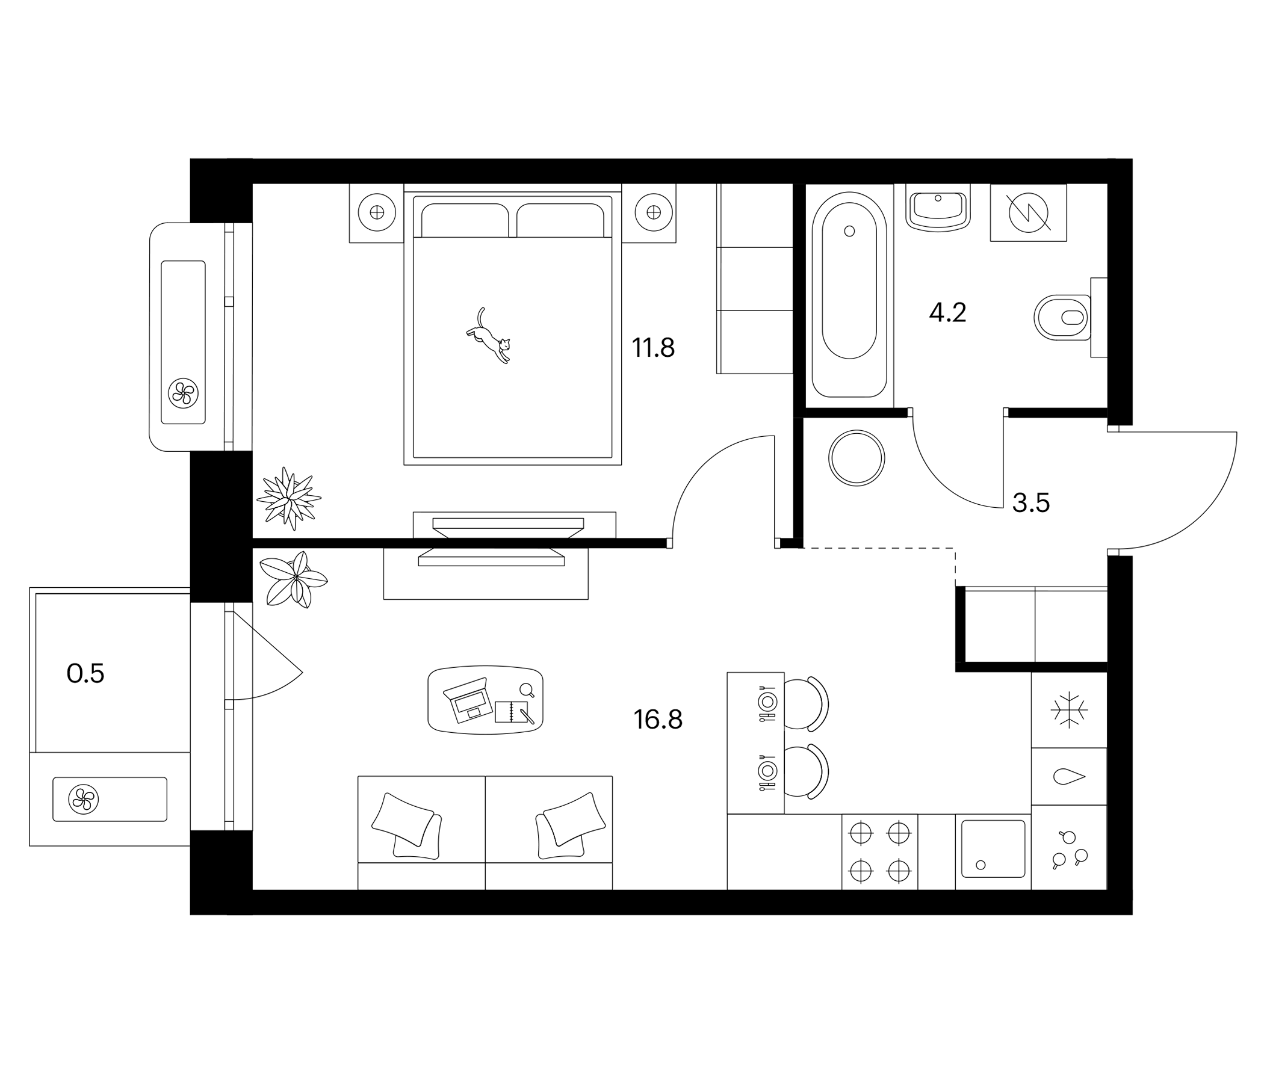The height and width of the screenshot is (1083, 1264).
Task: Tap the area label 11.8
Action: [652, 349]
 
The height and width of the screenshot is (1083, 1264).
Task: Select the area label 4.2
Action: [947, 313]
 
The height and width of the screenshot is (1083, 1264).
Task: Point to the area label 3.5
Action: [1030, 504]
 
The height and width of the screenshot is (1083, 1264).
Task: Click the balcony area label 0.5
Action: [85, 674]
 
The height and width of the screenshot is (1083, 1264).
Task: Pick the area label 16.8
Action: [658, 720]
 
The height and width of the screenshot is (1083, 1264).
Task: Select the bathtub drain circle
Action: [849, 231]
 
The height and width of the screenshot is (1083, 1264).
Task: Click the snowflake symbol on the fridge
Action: [1069, 710]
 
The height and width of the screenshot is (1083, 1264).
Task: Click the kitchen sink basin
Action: [993, 849]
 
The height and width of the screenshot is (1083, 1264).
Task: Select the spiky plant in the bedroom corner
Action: [288, 498]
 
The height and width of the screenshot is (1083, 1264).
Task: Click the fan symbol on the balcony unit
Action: [84, 799]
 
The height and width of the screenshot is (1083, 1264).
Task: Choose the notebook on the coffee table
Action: [511, 712]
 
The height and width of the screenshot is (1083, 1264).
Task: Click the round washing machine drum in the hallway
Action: [857, 458]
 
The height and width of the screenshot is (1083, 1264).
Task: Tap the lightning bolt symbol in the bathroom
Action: [1029, 213]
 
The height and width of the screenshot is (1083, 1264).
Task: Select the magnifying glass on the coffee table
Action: [527, 690]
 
